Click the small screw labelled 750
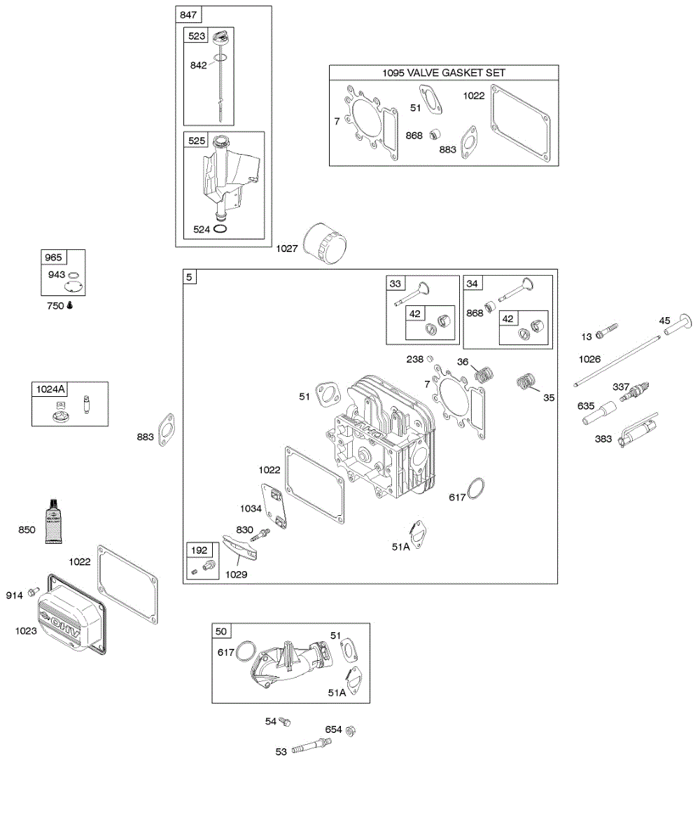70,306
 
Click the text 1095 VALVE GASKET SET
444,73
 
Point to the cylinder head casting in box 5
381,441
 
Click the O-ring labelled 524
220,229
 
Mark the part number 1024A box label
48,389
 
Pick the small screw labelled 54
284,721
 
